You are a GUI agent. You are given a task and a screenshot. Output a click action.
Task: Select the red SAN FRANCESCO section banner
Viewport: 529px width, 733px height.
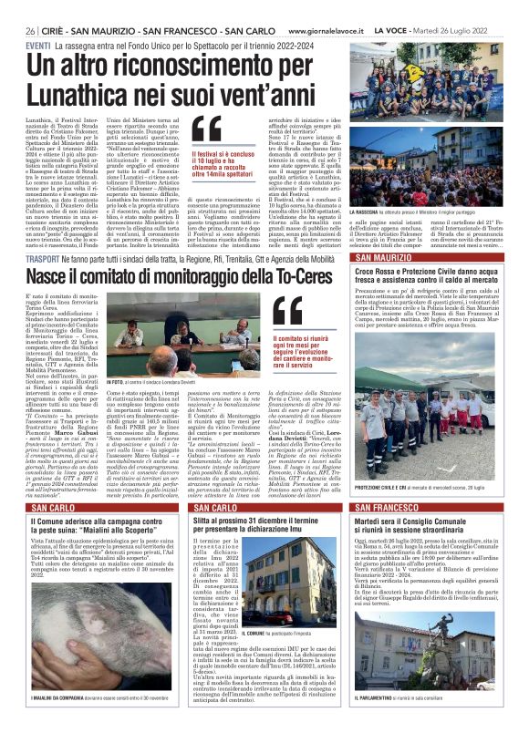coord(428,507)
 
